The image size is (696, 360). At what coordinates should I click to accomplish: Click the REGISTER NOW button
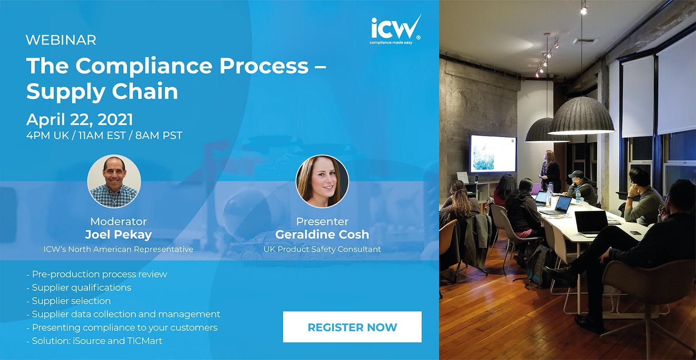pyautogui.click(x=352, y=327)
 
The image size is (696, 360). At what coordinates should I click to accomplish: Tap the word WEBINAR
pyautogui.click(x=61, y=40)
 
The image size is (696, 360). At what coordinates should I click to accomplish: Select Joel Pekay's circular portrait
pyautogui.click(x=114, y=181)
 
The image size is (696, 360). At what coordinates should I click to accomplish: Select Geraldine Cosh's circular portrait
pyautogui.click(x=322, y=181)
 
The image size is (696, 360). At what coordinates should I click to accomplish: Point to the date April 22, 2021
pyautogui.click(x=80, y=119)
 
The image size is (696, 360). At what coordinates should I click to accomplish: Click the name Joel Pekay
pyautogui.click(x=118, y=235)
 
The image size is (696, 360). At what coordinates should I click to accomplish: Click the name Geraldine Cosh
pyautogui.click(x=322, y=235)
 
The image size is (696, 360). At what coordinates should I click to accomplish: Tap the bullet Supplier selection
pyautogui.click(x=71, y=301)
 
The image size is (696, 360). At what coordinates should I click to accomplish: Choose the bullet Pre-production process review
pyautogui.click(x=99, y=274)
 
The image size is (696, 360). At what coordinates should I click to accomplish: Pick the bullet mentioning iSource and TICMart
pyautogui.click(x=97, y=341)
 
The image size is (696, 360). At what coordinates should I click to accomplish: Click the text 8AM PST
pyautogui.click(x=159, y=135)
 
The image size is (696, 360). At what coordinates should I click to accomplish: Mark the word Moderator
pyautogui.click(x=118, y=221)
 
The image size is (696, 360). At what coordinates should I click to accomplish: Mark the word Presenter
pyautogui.click(x=322, y=221)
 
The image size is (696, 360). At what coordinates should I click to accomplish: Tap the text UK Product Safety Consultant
pyautogui.click(x=322, y=249)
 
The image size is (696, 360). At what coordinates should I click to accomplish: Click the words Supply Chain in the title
pyautogui.click(x=103, y=91)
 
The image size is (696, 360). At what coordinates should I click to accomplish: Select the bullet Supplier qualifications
pyautogui.click(x=81, y=288)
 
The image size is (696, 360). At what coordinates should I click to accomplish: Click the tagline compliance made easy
pyautogui.click(x=391, y=43)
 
